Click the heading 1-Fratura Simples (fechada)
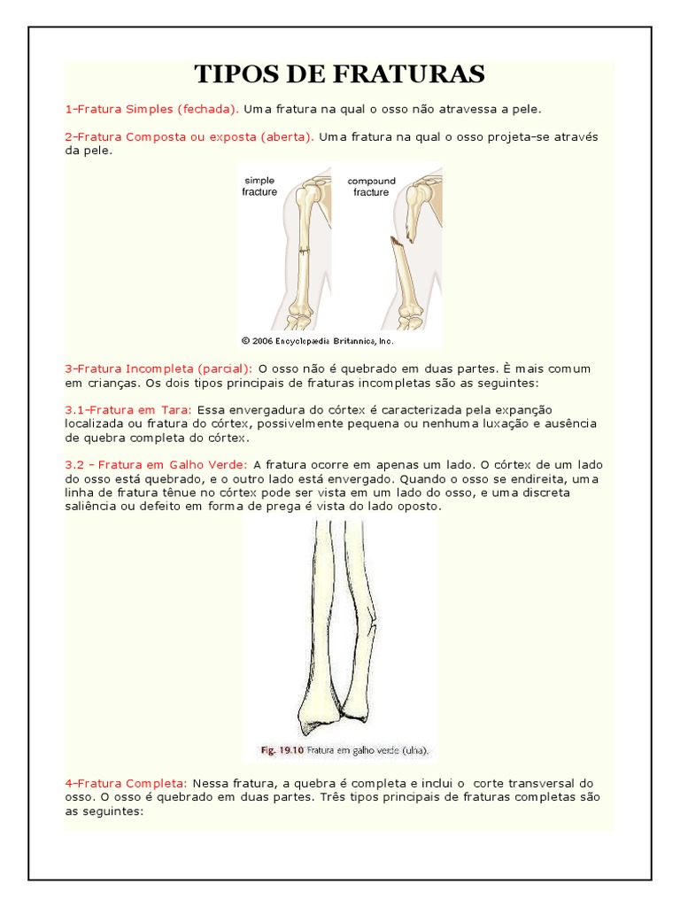pyautogui.click(x=151, y=109)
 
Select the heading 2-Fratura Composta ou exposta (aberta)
pyautogui.click(x=189, y=137)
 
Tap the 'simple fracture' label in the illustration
pyautogui.click(x=259, y=186)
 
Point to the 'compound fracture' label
pyautogui.click(x=371, y=186)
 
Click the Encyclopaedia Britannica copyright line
pyautogui.click(x=317, y=340)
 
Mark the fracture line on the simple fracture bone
pyautogui.click(x=304, y=253)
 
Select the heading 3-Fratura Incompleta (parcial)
pyautogui.click(x=158, y=368)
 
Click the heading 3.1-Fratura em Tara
pyautogui.click(x=129, y=410)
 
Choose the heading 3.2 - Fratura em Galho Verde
pyautogui.click(x=157, y=465)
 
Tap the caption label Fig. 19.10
pyautogui.click(x=282, y=750)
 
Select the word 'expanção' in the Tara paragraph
pyautogui.click(x=523, y=410)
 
